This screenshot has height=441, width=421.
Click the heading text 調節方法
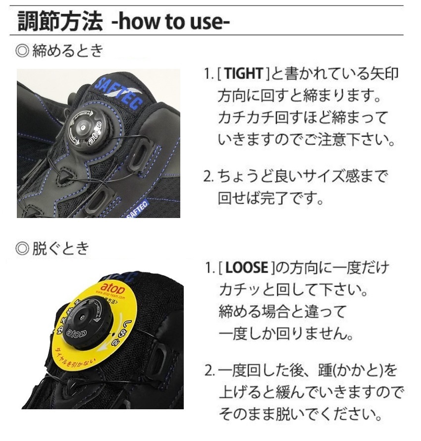(60, 22)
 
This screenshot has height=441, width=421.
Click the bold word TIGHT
(242, 75)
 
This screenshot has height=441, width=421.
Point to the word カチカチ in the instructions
(246, 118)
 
